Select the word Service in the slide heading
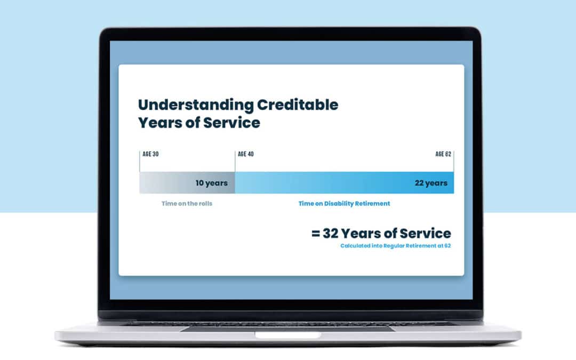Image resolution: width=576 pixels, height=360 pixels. (x=232, y=123)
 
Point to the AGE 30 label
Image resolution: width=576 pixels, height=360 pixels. (x=150, y=155)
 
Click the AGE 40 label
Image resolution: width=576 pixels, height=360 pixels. (x=246, y=155)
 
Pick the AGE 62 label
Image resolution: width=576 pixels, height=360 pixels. (x=443, y=155)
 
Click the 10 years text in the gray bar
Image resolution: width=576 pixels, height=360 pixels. (x=211, y=183)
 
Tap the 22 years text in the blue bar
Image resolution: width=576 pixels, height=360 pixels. (x=431, y=183)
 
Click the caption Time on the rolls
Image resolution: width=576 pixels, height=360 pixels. (x=187, y=203)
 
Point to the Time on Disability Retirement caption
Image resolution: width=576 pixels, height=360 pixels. (x=344, y=203)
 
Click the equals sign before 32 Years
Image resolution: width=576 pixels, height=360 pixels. (x=316, y=234)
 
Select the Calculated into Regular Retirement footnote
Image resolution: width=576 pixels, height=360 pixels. (x=396, y=246)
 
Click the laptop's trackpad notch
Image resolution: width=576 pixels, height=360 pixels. (x=288, y=335)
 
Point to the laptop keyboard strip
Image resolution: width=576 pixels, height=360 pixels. (x=288, y=323)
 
